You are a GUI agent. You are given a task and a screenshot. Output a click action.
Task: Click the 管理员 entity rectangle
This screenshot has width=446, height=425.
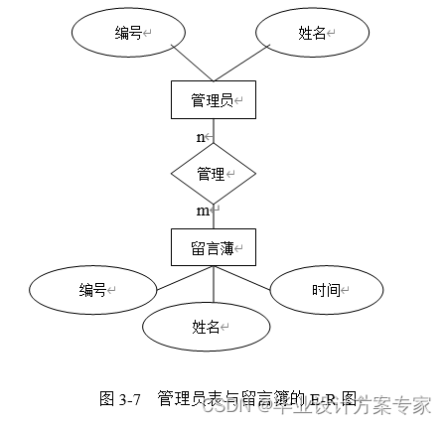213,100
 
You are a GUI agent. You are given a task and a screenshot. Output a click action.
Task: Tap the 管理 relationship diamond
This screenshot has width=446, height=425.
213,174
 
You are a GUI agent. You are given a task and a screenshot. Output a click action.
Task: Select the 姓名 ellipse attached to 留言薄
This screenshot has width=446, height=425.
204,325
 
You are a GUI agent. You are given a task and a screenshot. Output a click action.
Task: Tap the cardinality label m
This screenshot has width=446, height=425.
203,211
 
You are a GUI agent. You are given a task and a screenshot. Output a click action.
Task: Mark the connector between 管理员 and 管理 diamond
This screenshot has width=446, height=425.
214,131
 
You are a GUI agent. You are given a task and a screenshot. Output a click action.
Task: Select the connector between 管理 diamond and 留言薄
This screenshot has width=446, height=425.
214,216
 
